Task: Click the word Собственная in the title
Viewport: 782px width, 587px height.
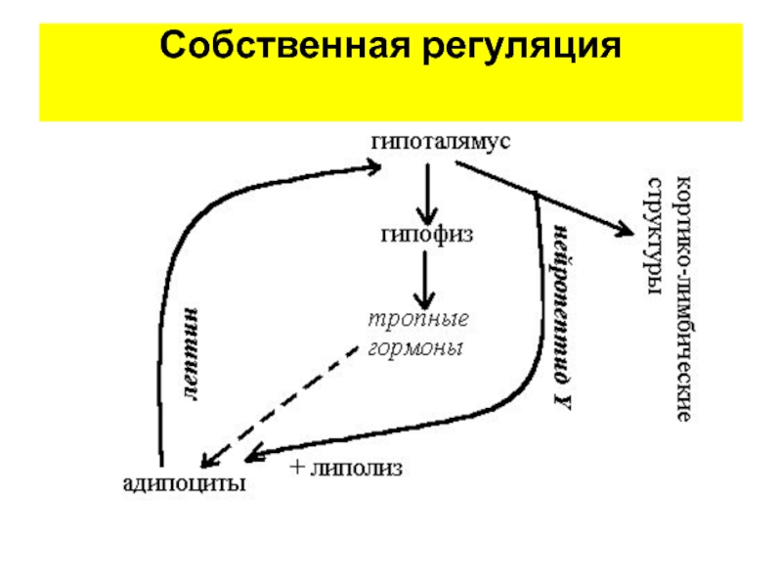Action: [285, 45]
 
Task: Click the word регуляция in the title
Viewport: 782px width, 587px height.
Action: [522, 47]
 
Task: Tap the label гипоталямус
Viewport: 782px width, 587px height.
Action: [441, 142]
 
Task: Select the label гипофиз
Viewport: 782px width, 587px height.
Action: [427, 235]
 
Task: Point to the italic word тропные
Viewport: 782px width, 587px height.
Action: [418, 319]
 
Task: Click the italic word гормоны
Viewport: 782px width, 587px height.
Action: [415, 348]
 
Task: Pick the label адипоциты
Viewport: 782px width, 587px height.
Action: [184, 483]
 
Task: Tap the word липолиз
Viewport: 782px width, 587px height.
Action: [356, 469]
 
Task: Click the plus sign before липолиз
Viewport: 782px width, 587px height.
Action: [297, 468]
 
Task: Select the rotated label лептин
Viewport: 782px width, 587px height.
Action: [191, 354]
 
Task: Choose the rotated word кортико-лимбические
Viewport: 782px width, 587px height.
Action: [683, 298]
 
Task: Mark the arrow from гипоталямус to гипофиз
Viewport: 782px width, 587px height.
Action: [427, 194]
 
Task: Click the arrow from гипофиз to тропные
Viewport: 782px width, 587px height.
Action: [425, 280]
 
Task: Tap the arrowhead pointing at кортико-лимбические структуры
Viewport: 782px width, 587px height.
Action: [626, 229]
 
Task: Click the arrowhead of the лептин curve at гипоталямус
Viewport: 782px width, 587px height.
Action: [374, 166]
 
